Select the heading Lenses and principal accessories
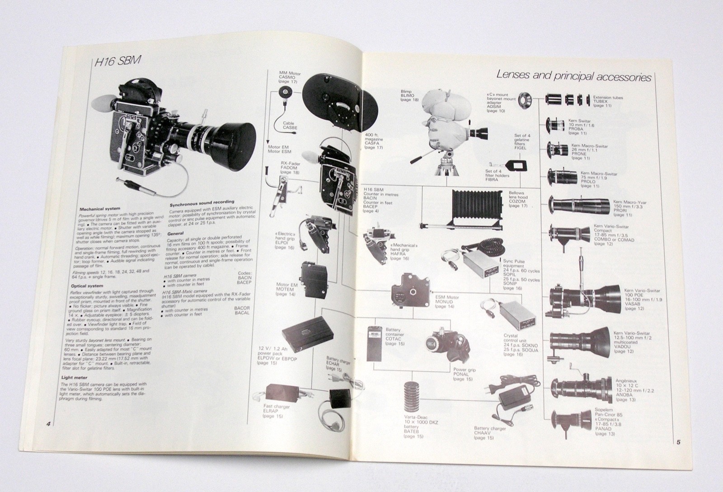pyautogui.click(x=573, y=76)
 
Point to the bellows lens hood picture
pyautogui.click(x=470, y=208)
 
